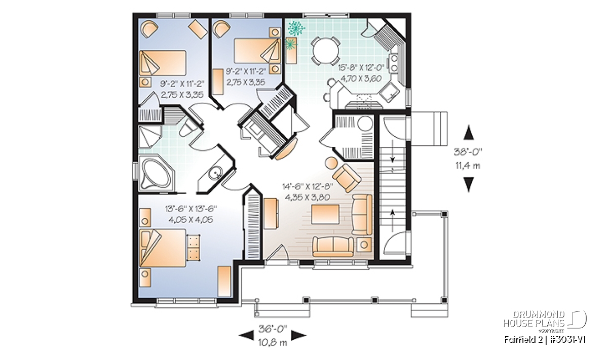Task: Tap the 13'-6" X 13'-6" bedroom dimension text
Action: [x=191, y=209]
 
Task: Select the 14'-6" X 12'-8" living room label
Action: [x=308, y=186]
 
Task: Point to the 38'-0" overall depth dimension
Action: [x=468, y=151]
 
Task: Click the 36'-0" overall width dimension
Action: [x=273, y=329]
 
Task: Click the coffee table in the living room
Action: [x=325, y=214]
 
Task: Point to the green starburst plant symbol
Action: [x=296, y=28]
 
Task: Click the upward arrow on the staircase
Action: [x=392, y=220]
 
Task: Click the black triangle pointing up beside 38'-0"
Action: [x=469, y=132]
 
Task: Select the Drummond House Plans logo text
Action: [x=534, y=319]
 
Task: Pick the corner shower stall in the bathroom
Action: [x=150, y=137]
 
